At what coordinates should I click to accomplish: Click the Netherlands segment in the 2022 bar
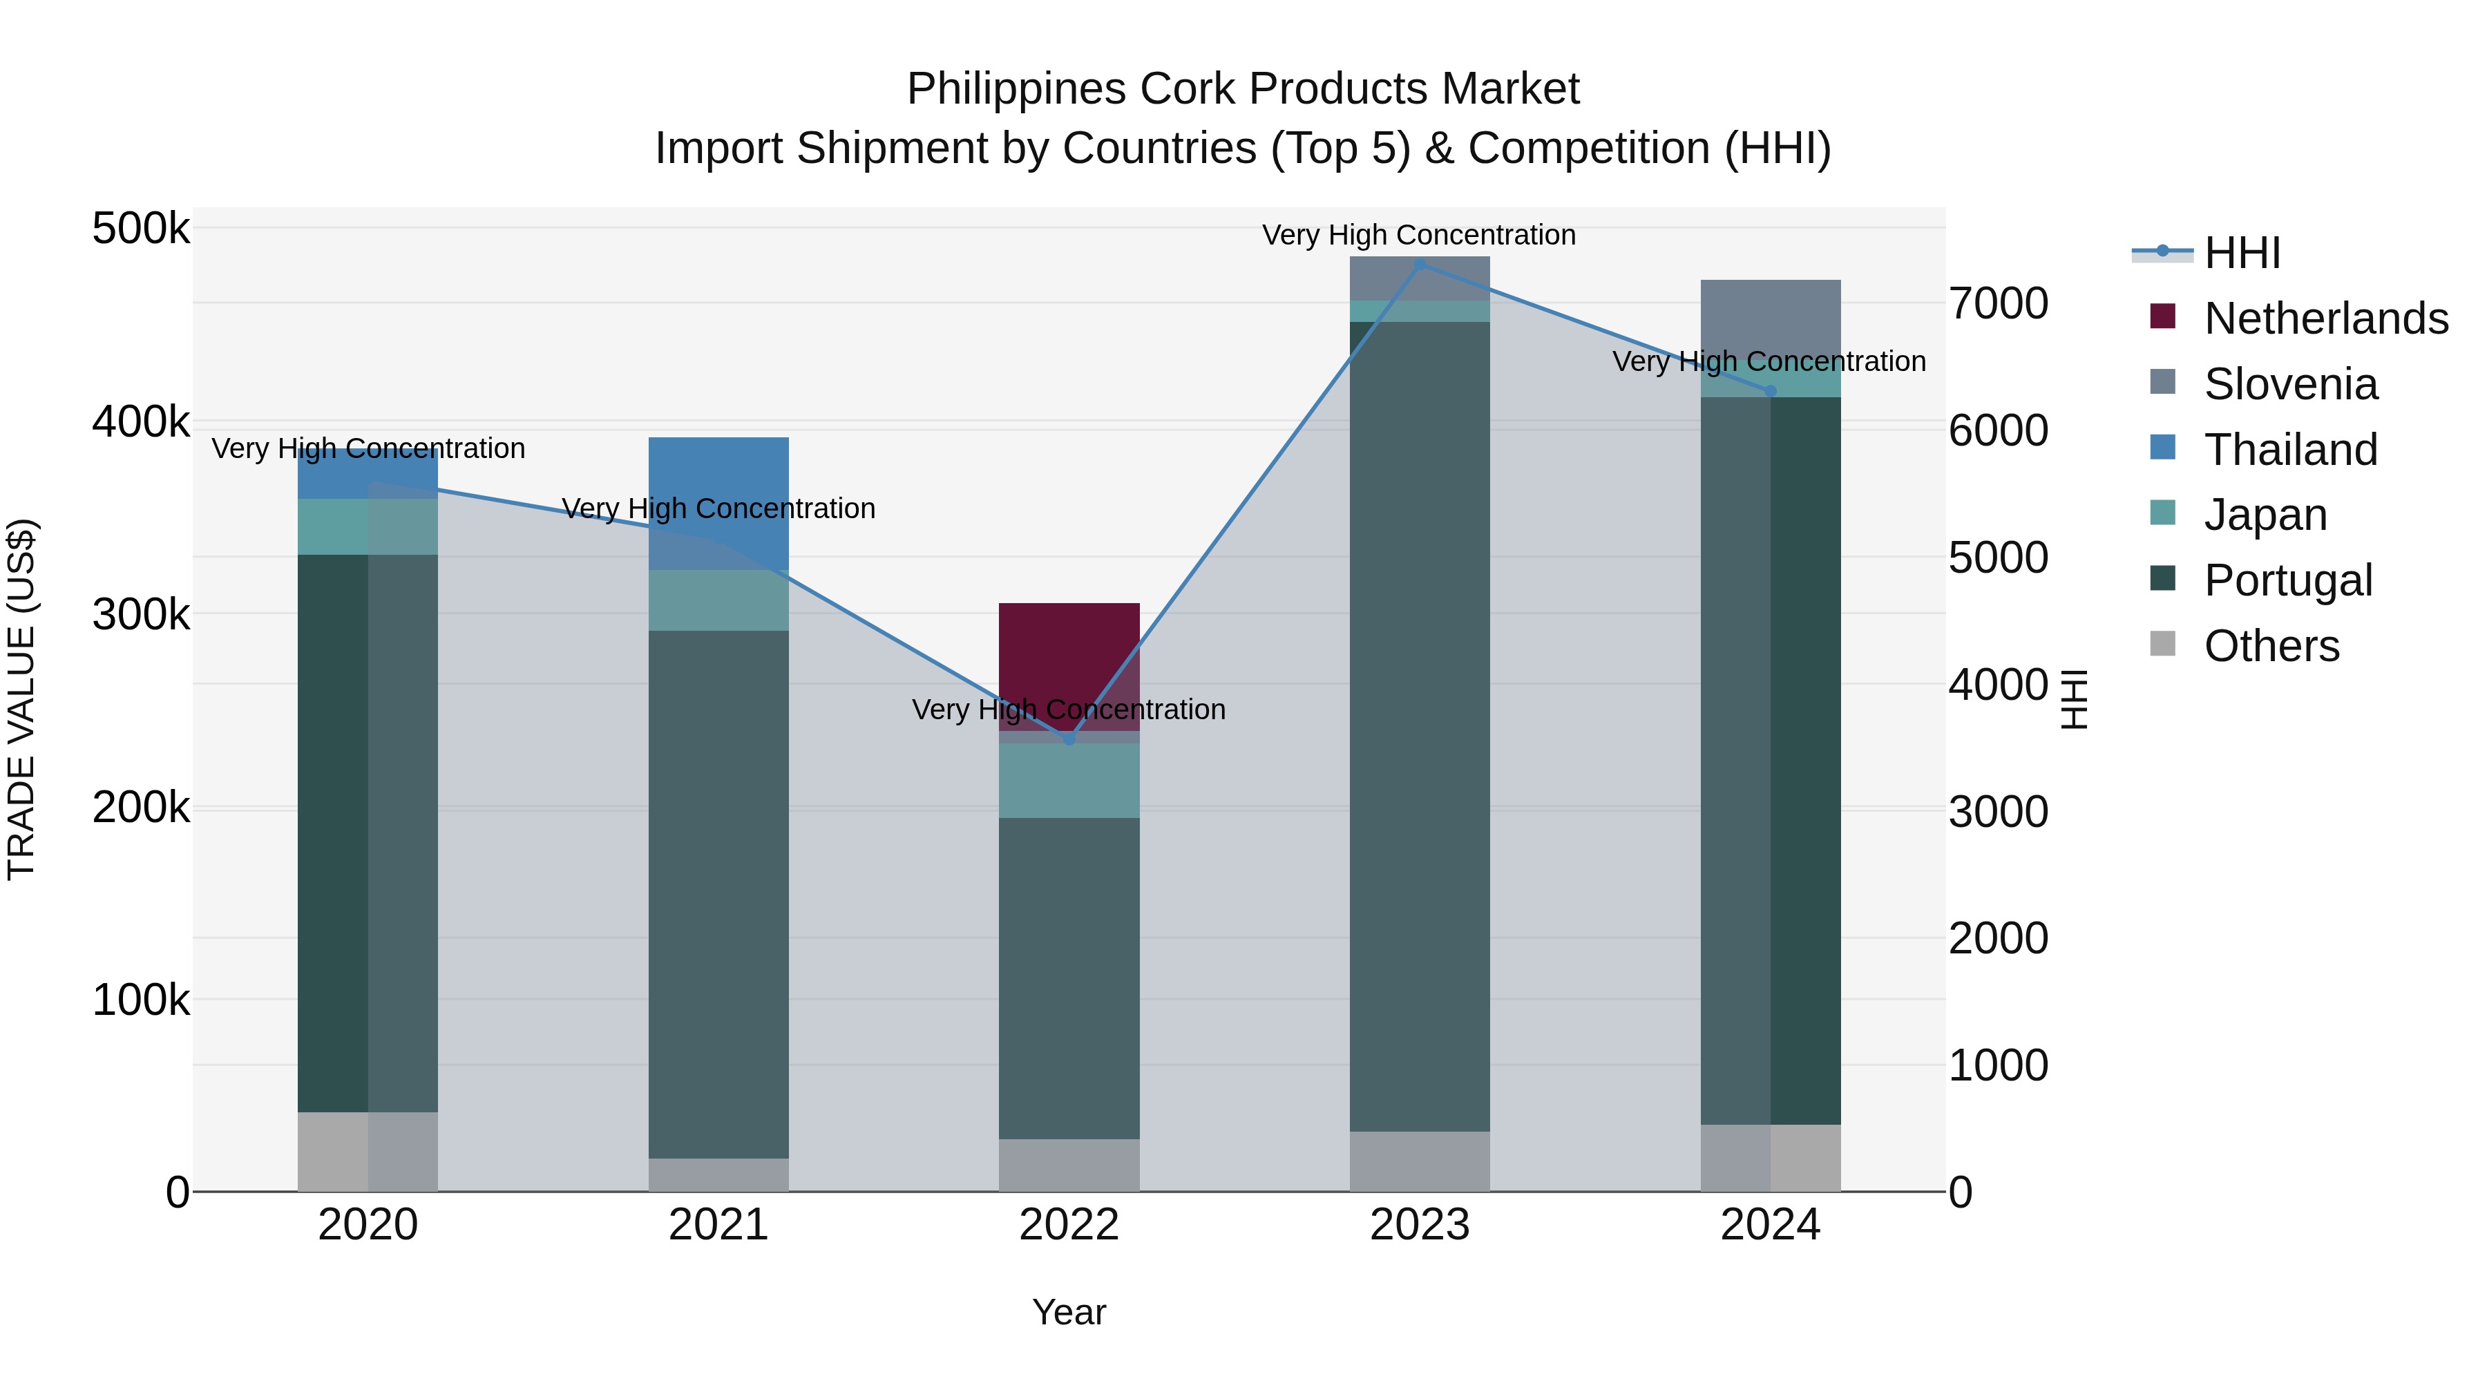point(1069,656)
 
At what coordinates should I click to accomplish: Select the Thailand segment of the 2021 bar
point(718,483)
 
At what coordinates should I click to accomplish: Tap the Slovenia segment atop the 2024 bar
point(1770,314)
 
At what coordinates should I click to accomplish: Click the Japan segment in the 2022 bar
point(1069,779)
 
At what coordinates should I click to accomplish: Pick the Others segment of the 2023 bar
point(1419,1161)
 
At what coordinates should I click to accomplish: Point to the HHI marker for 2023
point(1419,264)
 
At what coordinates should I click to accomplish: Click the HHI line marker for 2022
point(1069,739)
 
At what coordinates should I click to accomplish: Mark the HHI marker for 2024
point(1770,391)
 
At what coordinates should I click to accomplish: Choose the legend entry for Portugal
point(2287,580)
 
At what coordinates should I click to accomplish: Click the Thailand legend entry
point(2290,450)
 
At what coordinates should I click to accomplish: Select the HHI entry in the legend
point(2242,253)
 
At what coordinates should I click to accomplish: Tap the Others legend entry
point(2271,646)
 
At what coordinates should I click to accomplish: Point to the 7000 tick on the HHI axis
point(1997,303)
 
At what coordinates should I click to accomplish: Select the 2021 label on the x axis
point(718,1225)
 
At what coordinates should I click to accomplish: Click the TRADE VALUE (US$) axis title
point(22,699)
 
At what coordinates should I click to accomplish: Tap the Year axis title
point(1069,1312)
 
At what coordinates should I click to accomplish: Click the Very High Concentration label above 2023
point(1418,235)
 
